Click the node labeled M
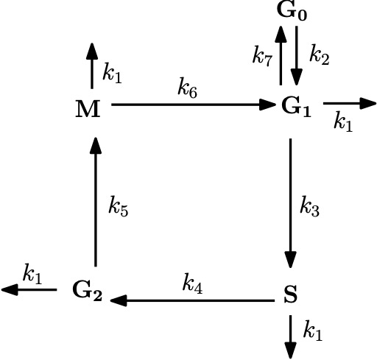point(88,108)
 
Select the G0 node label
point(292,11)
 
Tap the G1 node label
point(296,107)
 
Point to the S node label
point(290,294)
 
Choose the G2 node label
point(88,291)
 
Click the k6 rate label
point(187,88)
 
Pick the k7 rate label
point(262,56)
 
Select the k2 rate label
point(319,54)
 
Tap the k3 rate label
point(310,206)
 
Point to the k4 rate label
point(192,283)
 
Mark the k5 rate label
point(119,206)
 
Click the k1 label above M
point(112,73)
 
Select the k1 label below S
point(313,331)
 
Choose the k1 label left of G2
point(32,274)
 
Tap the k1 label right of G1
point(343,121)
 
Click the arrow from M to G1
point(194,105)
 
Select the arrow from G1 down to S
point(291,203)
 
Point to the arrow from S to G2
point(192,300)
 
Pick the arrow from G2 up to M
point(96,202)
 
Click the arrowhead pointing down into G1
point(297,77)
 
